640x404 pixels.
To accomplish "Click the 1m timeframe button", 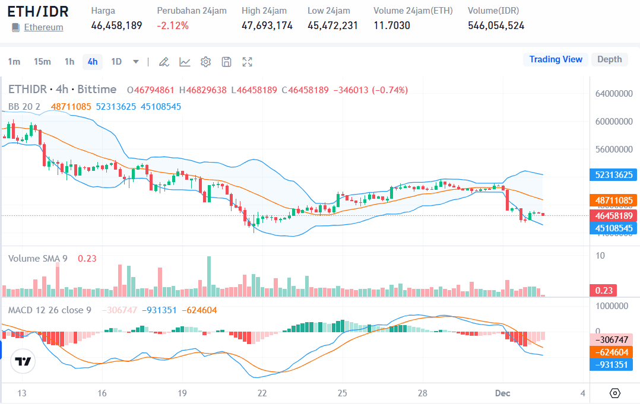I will coord(14,62).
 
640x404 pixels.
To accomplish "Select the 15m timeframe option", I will coord(42,62).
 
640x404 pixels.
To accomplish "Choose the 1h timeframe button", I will coord(69,62).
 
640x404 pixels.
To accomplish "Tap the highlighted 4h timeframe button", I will coord(93,62).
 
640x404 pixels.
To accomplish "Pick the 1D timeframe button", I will coord(116,62).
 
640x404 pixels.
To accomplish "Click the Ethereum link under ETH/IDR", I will coord(43,27).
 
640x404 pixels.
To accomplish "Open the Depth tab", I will coord(609,59).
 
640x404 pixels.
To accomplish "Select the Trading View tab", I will coord(556,59).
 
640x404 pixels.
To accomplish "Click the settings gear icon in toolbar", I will coord(205,62).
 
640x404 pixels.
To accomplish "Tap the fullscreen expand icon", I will coord(248,62).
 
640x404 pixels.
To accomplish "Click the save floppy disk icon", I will coord(226,62).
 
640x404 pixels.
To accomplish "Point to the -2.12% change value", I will coord(173,26).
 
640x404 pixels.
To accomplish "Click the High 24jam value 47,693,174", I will coord(267,26).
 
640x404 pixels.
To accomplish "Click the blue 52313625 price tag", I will coord(613,174).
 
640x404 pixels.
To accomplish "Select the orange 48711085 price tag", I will coord(613,201).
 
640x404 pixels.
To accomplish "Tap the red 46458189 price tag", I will coord(613,215).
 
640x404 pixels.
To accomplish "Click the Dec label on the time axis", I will coord(502,393).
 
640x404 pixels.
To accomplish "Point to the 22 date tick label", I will coord(262,393).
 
